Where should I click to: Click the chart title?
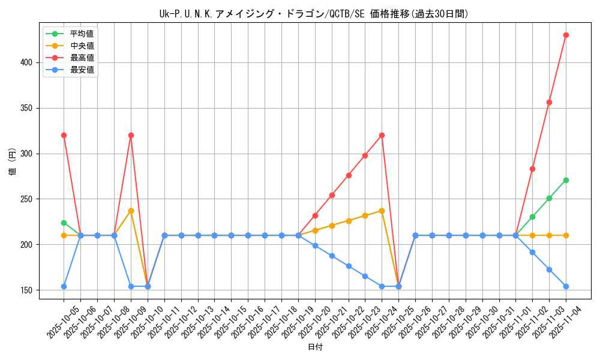(x=314, y=14)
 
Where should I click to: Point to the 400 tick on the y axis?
(x=29, y=62)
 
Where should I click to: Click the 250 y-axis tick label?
(x=29, y=199)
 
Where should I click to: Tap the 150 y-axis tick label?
(x=29, y=290)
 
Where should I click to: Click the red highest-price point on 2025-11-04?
(x=566, y=35)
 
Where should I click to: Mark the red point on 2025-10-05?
(x=64, y=135)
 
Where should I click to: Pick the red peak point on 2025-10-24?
(x=382, y=135)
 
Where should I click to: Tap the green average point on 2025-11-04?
(x=566, y=180)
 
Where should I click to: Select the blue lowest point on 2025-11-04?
(x=566, y=286)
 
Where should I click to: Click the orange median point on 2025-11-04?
(x=566, y=235)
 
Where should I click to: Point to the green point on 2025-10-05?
(x=64, y=223)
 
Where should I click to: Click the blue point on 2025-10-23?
(x=365, y=276)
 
